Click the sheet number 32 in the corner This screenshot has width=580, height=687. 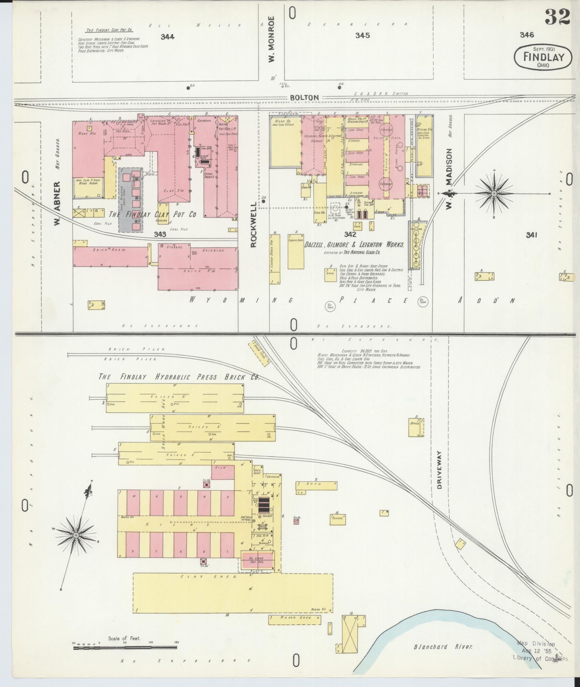557,17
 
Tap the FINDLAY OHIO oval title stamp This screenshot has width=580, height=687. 543,58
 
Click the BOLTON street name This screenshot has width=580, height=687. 304,97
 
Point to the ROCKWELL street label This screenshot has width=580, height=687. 254,225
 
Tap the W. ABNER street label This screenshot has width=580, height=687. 57,204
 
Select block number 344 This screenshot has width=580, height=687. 167,37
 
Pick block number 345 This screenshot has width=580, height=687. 362,35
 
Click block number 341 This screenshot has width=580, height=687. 531,235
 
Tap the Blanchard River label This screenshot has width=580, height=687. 443,646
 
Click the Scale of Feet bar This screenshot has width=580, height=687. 125,647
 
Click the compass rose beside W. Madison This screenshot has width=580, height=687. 493,194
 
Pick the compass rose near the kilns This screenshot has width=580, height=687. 76,535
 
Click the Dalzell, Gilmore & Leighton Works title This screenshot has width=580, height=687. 354,245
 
